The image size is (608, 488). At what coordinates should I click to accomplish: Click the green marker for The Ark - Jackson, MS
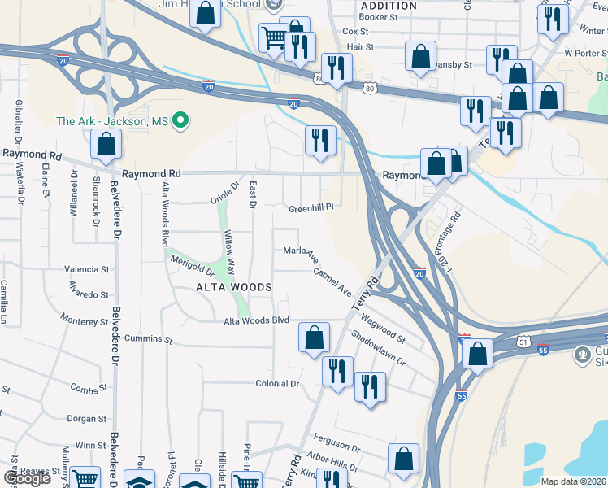coord(181,122)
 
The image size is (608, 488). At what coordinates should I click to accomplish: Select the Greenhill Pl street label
coord(312,208)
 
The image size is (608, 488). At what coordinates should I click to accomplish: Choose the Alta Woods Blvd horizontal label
coord(257,320)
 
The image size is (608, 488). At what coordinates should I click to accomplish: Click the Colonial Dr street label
coord(278,383)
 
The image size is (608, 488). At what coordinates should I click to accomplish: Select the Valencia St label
coord(87,269)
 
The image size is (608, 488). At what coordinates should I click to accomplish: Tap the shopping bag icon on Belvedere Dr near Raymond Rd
coord(106,144)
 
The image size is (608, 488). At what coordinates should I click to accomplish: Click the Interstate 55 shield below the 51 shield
coord(543,349)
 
